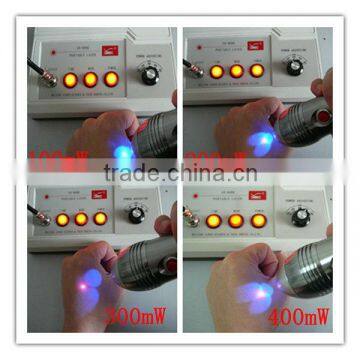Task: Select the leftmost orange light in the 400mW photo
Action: [213, 220]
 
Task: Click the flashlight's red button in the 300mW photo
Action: [169, 265]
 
